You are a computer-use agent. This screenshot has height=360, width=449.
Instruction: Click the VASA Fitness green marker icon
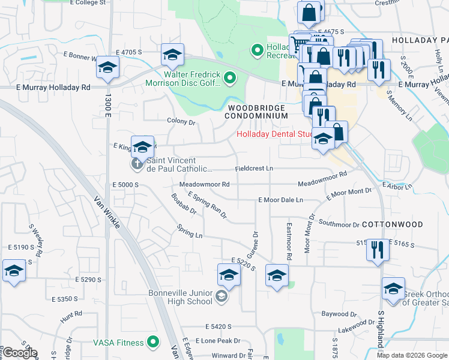[154, 343]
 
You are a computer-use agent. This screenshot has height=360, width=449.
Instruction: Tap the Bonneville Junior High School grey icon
[222, 296]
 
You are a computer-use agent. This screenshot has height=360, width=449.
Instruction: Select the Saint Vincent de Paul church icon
[137, 163]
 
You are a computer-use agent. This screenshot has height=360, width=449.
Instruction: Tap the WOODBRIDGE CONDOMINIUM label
[256, 110]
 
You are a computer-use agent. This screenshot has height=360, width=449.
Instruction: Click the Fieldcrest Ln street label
[254, 169]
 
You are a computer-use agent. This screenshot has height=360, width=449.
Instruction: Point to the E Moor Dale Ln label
[281, 199]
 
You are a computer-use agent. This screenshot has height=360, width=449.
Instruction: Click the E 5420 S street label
[218, 326]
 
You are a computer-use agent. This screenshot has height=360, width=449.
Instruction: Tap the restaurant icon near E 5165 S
[377, 249]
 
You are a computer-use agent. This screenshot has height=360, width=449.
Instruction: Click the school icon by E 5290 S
[14, 270]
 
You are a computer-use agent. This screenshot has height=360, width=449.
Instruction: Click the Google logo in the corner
[20, 353]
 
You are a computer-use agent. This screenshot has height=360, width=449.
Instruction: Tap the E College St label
[88, 3]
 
